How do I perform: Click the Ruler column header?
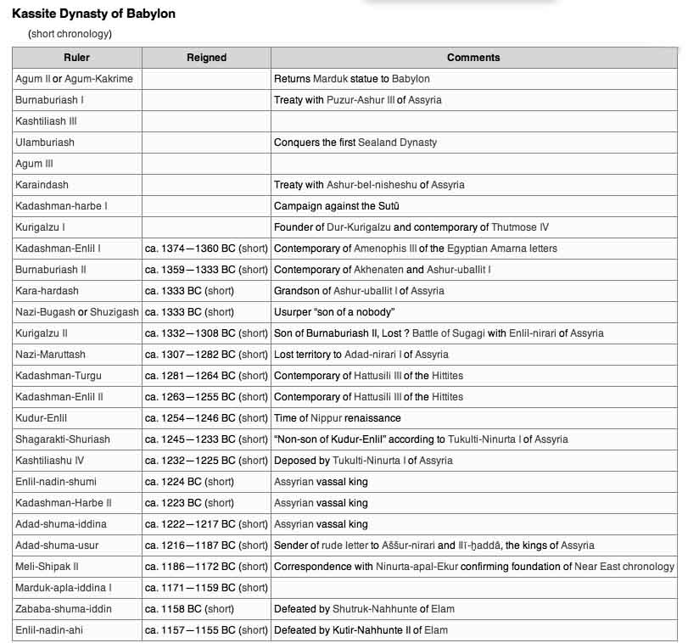tap(76, 58)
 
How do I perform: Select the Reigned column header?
tap(206, 58)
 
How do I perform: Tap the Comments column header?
tap(473, 58)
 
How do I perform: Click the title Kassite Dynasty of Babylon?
tap(94, 15)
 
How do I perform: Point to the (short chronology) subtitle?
tap(70, 34)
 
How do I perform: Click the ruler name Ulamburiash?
tap(45, 143)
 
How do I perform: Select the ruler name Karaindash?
tap(42, 185)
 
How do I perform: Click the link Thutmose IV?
tap(520, 227)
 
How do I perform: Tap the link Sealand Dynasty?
tap(397, 143)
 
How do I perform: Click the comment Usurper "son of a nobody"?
tap(334, 312)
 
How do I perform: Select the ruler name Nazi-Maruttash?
tap(50, 355)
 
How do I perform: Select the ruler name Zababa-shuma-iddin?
tap(64, 609)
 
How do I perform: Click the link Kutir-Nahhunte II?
tap(370, 630)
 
